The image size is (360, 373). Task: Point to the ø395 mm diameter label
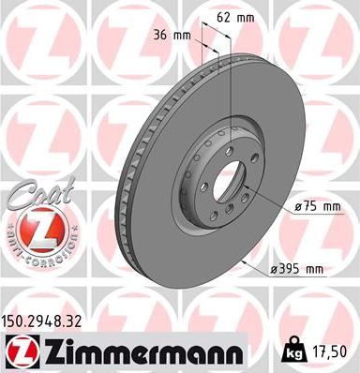295,270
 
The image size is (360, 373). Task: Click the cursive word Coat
32,195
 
